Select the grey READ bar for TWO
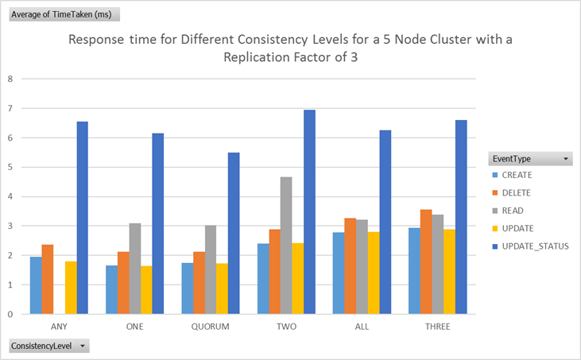click(x=285, y=246)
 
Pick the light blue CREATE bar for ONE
click(x=111, y=289)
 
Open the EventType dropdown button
click(x=566, y=159)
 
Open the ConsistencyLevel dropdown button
click(x=81, y=346)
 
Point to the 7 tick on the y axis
click(x=10, y=108)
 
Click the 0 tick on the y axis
click(x=10, y=314)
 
